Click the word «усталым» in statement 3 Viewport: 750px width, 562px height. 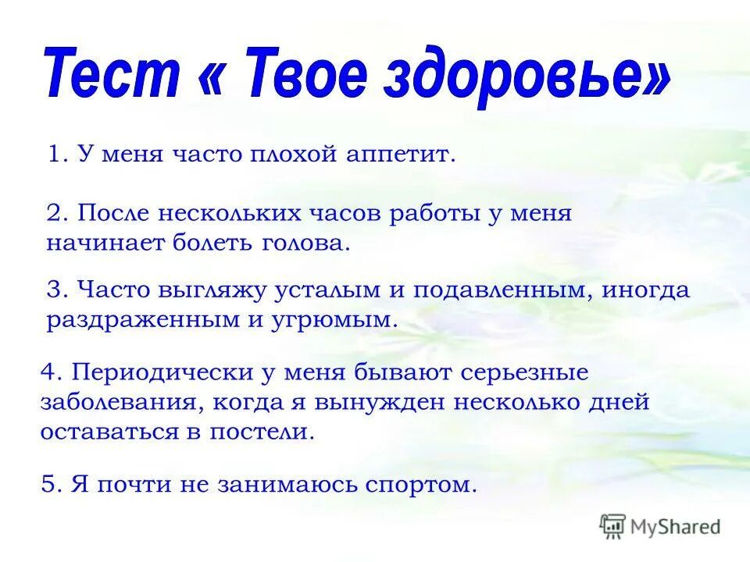pos(326,290)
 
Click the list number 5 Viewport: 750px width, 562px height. pos(49,484)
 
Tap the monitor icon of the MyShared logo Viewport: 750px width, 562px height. pos(613,526)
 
